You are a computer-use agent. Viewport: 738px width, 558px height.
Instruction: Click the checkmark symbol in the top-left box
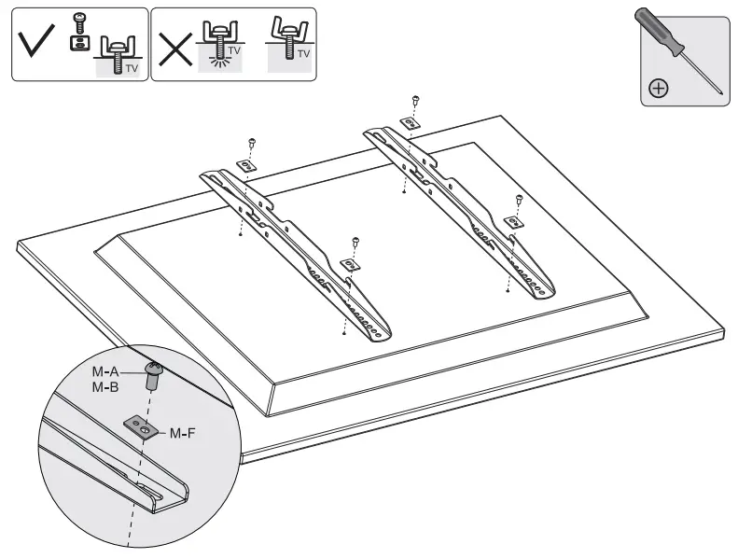tap(35, 44)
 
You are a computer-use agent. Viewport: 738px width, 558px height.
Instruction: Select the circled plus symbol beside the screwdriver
tap(659, 89)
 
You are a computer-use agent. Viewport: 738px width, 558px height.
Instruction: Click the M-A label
tap(104, 371)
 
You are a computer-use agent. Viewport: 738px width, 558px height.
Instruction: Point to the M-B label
tap(104, 385)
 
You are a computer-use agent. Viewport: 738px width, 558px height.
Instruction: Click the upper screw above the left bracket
tap(253, 141)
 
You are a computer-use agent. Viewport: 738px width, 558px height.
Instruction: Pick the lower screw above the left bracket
tap(355, 242)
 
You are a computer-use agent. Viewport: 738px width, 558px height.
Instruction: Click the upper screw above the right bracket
tap(415, 100)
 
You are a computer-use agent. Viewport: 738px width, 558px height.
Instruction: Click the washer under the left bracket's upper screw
tap(247, 164)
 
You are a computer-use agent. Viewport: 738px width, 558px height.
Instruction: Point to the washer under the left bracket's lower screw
tap(350, 265)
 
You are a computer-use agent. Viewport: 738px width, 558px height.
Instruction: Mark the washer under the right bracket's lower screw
tap(513, 221)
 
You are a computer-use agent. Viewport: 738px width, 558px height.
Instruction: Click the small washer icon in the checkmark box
tap(77, 43)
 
